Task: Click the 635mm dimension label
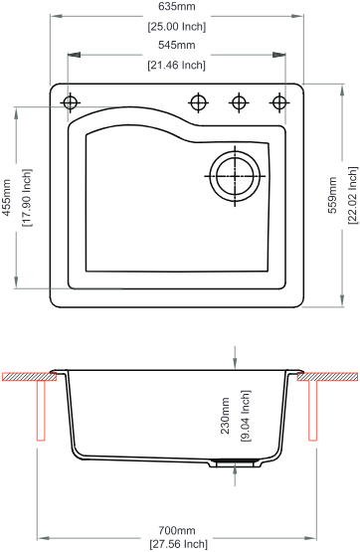click(177, 6)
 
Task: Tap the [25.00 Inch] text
click(177, 27)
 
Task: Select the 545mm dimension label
click(177, 45)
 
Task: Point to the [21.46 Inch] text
click(177, 65)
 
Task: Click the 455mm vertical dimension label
click(7, 198)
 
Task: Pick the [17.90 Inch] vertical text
click(27, 198)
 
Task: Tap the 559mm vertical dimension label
click(332, 195)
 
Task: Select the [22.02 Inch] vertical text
click(353, 195)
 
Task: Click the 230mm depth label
click(225, 416)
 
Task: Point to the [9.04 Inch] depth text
click(245, 416)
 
